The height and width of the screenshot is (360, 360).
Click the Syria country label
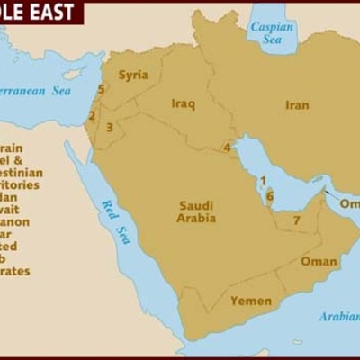(133, 75)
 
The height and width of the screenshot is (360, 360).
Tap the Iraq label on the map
(183, 103)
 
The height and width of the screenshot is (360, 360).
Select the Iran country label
(297, 105)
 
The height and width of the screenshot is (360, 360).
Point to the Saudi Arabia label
(196, 211)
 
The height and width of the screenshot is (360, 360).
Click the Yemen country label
(251, 301)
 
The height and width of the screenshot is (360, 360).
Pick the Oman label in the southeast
(319, 262)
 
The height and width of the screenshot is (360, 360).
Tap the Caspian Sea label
(272, 33)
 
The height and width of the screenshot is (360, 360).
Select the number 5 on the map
(101, 89)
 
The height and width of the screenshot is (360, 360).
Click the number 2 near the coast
(91, 115)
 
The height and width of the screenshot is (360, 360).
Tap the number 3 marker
(109, 127)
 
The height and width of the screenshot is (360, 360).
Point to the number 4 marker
(228, 148)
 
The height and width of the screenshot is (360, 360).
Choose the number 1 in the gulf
(263, 180)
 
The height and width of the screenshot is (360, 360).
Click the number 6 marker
(269, 195)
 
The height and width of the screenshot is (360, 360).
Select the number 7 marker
(296, 220)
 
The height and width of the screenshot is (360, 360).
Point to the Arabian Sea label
(337, 316)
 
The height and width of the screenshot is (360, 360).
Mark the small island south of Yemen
(296, 342)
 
